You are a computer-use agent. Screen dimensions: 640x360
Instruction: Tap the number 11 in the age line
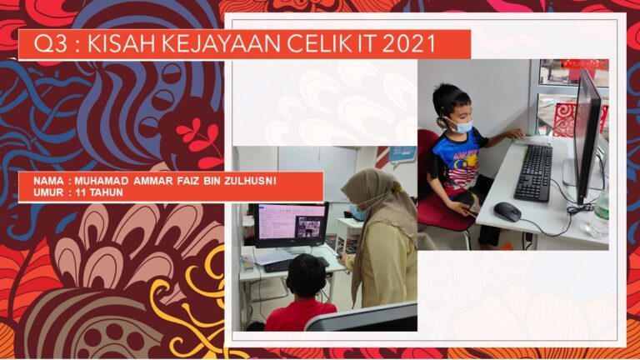(80, 192)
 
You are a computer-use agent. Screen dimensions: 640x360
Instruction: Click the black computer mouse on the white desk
(507, 212)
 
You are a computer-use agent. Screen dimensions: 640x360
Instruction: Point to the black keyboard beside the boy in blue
(533, 172)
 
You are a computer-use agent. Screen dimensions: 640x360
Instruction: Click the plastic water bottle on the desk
(600, 214)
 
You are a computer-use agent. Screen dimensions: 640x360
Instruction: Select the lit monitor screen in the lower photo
(292, 222)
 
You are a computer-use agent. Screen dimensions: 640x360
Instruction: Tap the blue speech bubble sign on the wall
(402, 156)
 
